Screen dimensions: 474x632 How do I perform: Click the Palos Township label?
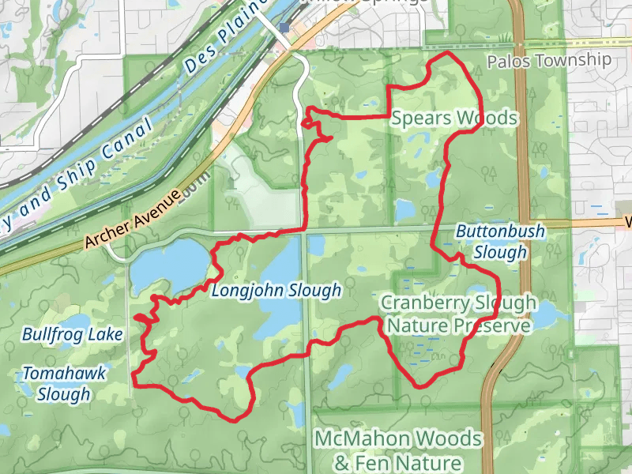[x=549, y=61]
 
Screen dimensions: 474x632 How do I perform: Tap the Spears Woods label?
[x=454, y=118]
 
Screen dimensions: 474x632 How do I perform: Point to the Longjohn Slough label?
[x=276, y=292]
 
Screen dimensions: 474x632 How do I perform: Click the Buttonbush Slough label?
[x=491, y=242]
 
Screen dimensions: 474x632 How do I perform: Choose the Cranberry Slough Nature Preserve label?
[x=458, y=314]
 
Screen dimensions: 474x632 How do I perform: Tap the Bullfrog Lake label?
[x=72, y=334]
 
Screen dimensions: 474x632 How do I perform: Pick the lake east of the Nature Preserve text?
[x=547, y=318]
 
